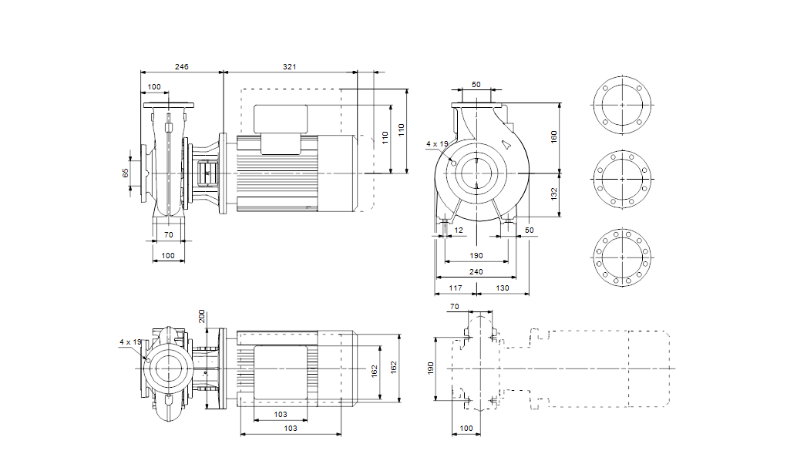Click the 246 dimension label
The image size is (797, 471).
pyautogui.click(x=182, y=68)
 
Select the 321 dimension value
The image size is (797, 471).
pyautogui.click(x=289, y=68)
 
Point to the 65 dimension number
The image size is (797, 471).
pyautogui.click(x=126, y=173)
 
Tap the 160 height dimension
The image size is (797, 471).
pyautogui.click(x=553, y=136)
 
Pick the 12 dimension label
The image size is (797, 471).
pyautogui.click(x=459, y=230)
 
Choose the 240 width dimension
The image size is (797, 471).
pyautogui.click(x=476, y=271)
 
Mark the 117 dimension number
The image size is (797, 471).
pyautogui.click(x=455, y=288)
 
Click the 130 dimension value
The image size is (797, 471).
pyautogui.click(x=502, y=288)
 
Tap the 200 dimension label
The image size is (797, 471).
pyautogui.click(x=203, y=316)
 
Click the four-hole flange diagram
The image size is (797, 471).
pyautogui.click(x=621, y=106)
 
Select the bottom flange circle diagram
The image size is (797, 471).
pyautogui.click(x=621, y=255)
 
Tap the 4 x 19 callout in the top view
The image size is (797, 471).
pyautogui.click(x=130, y=341)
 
